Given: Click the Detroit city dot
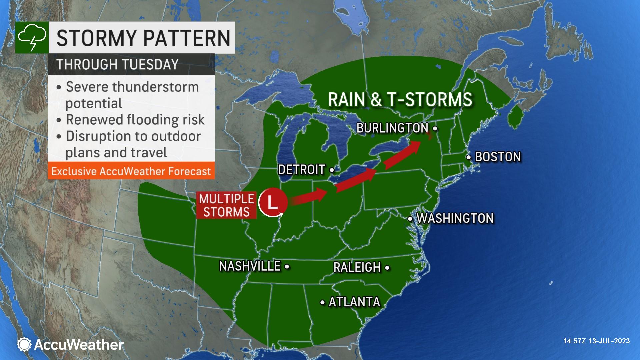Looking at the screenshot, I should (x=332, y=170).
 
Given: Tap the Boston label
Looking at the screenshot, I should (x=497, y=157).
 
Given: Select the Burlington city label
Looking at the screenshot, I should (x=392, y=128).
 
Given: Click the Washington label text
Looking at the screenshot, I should (x=455, y=218).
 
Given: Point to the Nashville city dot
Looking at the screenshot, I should (x=287, y=267).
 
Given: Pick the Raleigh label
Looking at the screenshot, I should (x=357, y=267).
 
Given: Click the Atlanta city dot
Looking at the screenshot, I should (x=322, y=303).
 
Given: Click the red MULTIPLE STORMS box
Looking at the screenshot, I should (x=227, y=205).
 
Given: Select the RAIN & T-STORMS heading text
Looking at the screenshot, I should (x=400, y=100).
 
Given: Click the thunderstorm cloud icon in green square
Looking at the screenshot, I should (x=32, y=38).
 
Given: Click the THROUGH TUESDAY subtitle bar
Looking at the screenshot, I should (x=131, y=64).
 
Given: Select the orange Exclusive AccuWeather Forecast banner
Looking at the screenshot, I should (x=131, y=171).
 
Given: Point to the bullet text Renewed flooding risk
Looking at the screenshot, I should (x=135, y=120).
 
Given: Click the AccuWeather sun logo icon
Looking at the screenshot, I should (x=24, y=344).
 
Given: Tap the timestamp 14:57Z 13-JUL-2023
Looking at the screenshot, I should (x=596, y=341).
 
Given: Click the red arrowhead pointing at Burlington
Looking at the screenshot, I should (x=414, y=146).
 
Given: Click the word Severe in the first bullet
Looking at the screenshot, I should (x=87, y=87).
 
